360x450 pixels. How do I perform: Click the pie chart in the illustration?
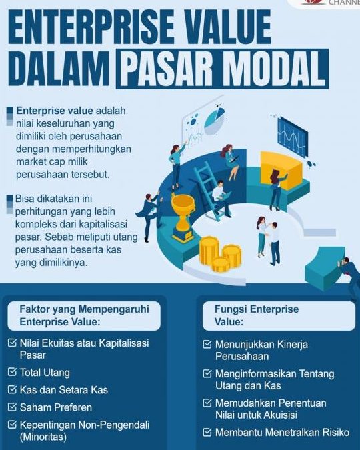(215, 120)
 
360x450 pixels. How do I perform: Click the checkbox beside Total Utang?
(13, 372)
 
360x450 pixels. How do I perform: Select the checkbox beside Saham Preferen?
(13, 407)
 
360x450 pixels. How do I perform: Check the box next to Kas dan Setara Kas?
(13, 389)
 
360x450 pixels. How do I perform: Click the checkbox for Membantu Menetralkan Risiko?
(207, 432)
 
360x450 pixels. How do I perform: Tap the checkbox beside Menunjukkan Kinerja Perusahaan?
(207, 345)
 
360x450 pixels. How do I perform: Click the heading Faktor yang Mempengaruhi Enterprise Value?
(84, 315)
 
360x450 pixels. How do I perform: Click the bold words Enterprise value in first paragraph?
(55, 110)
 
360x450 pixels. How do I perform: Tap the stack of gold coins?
(219, 254)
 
